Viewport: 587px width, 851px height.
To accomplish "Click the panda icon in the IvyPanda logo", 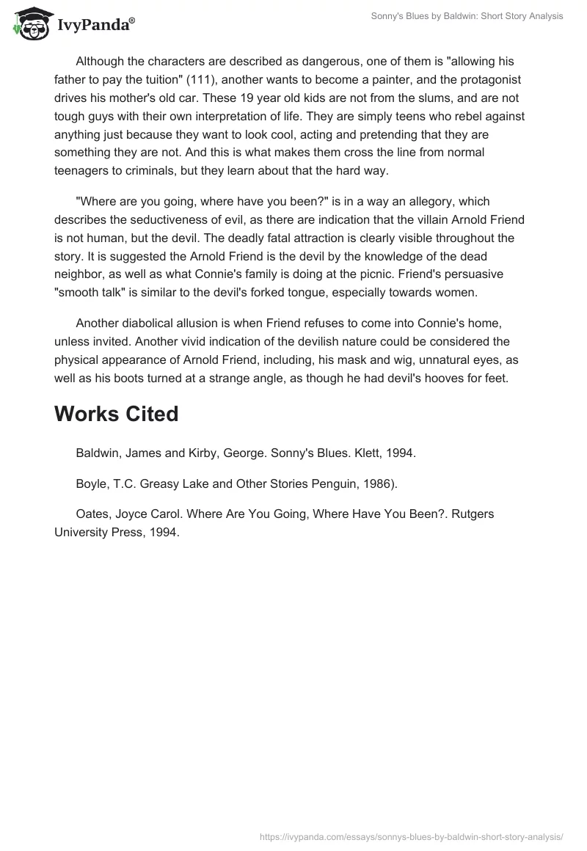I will [29, 23].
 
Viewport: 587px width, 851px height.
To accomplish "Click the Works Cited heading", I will [116, 414].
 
